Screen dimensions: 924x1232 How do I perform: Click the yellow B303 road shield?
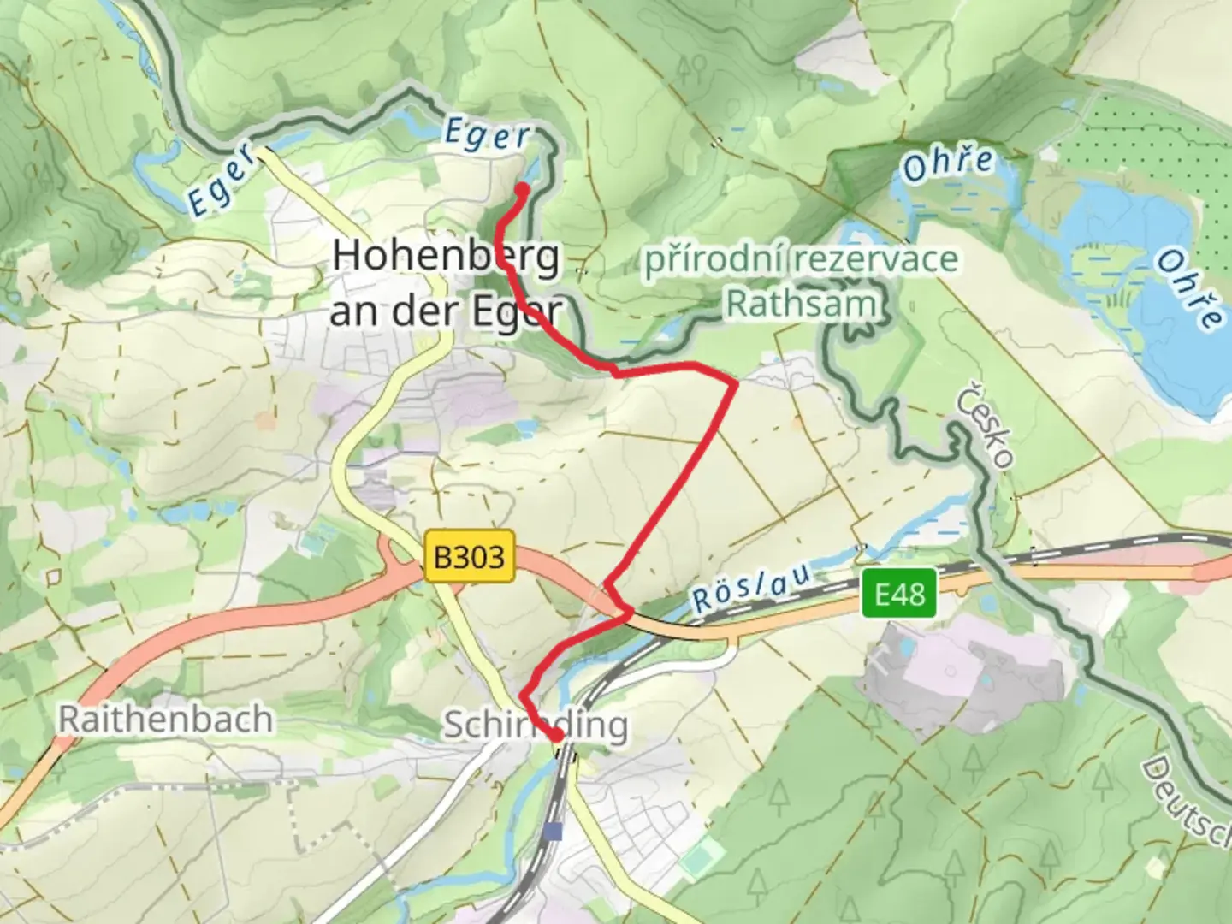(469, 557)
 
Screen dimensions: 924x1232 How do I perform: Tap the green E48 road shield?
(899, 593)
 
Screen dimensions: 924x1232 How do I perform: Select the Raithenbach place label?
(165, 720)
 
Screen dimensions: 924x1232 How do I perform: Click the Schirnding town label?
(535, 726)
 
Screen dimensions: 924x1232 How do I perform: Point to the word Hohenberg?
(446, 256)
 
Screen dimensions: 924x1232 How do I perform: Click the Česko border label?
(986, 428)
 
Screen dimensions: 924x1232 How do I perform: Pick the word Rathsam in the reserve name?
(802, 304)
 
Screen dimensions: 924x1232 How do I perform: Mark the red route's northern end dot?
(522, 190)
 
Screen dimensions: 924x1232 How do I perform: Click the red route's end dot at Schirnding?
(556, 735)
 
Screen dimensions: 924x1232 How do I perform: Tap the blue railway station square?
(554, 831)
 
